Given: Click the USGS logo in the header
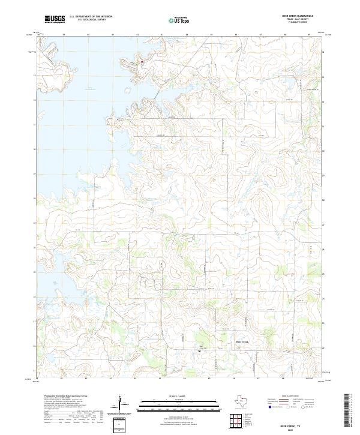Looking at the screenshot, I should pos(55,19).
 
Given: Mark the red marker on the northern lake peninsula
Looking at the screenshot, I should pos(142,61).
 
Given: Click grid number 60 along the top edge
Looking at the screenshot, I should pos(88,36).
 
